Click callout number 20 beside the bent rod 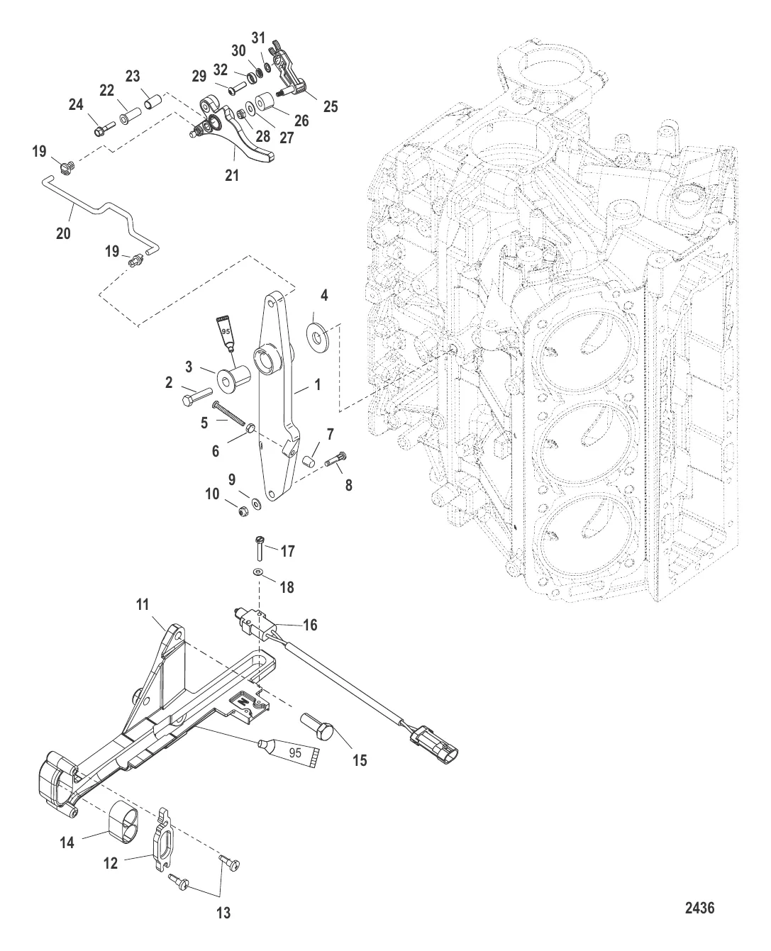pyautogui.click(x=63, y=233)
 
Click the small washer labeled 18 pyautogui.click(x=258, y=572)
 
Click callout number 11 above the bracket pyautogui.click(x=143, y=605)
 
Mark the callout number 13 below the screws pyautogui.click(x=223, y=913)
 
